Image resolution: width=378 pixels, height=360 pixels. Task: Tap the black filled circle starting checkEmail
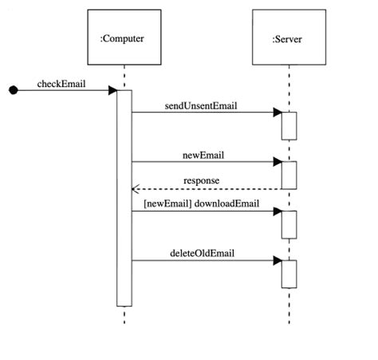coord(13,91)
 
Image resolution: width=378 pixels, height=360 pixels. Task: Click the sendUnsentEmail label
coord(201,105)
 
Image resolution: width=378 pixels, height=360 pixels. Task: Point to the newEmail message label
coord(200,153)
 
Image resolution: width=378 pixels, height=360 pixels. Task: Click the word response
coord(201,180)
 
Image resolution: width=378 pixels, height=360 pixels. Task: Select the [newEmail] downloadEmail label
coord(201,203)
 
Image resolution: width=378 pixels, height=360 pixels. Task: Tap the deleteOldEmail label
coord(202,252)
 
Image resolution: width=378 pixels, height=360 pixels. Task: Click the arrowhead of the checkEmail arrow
coord(112,91)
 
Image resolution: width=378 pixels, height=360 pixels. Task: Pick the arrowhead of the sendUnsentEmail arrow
coord(276,113)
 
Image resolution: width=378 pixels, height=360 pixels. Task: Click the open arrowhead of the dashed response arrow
coord(136,189)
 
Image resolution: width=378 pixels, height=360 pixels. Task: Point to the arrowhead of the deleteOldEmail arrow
coord(276,260)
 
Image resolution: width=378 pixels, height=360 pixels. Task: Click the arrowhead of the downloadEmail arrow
coord(276,212)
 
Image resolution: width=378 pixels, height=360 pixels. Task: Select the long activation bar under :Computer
coord(124,200)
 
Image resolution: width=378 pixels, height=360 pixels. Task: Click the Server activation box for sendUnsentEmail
coord(288,125)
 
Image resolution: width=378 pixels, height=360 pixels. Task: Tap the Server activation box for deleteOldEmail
coord(288,273)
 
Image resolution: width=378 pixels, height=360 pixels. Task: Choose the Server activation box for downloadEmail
coord(288,224)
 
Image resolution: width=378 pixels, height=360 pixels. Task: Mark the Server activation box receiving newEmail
coord(288,175)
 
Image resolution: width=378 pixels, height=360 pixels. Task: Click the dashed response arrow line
coord(207,189)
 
